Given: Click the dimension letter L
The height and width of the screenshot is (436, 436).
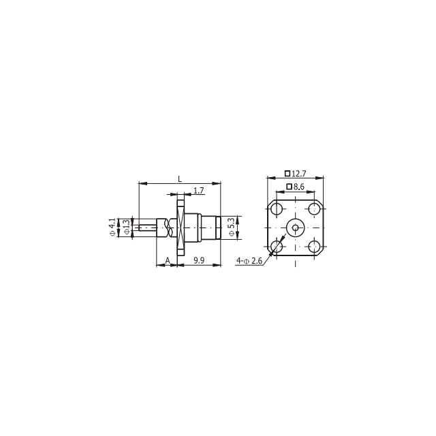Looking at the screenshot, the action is (180, 178).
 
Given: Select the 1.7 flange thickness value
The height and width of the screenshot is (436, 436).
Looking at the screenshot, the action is (199, 191).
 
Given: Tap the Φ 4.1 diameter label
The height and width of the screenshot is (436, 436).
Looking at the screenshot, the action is (112, 227).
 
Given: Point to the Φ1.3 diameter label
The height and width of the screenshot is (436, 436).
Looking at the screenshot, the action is (127, 227).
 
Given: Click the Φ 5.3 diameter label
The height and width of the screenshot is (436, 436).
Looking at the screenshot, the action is (232, 227).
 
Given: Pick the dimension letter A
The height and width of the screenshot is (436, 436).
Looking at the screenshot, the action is (168, 260).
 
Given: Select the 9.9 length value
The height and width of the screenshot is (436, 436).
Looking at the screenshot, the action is (199, 260).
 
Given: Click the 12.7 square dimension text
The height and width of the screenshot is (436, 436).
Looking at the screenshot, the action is (299, 174).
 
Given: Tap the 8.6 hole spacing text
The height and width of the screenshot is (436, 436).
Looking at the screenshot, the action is (299, 187).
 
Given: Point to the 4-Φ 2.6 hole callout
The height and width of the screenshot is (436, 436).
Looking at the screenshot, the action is (249, 261).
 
